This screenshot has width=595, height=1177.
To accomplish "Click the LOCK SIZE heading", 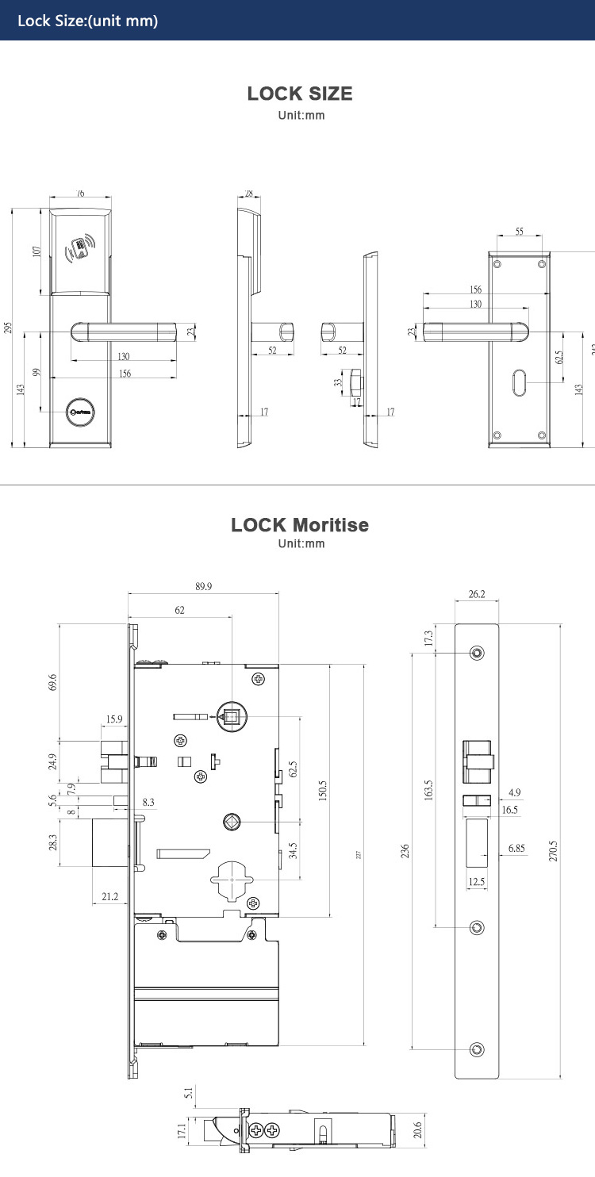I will coord(300,94).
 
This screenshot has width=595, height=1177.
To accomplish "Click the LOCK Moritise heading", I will coord(300,525).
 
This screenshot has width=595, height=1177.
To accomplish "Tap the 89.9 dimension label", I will coord(203,587).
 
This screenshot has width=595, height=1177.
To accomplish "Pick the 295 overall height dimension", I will coord(8,328).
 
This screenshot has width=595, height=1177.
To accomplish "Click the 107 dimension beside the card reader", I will coord(36,251).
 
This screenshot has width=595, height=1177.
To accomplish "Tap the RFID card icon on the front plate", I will coord(80,249).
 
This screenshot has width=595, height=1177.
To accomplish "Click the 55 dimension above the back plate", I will coord(520,232).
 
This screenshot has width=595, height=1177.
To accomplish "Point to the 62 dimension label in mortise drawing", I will coord(179,610).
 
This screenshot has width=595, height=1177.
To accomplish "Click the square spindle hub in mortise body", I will coord(231,718).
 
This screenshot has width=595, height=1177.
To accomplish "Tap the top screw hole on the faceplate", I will coord(477,653).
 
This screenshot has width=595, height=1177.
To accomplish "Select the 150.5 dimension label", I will coord(323,791).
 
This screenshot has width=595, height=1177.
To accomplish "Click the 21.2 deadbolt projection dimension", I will coord(110,896).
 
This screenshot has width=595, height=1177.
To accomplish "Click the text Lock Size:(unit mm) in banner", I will coord(87,21).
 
